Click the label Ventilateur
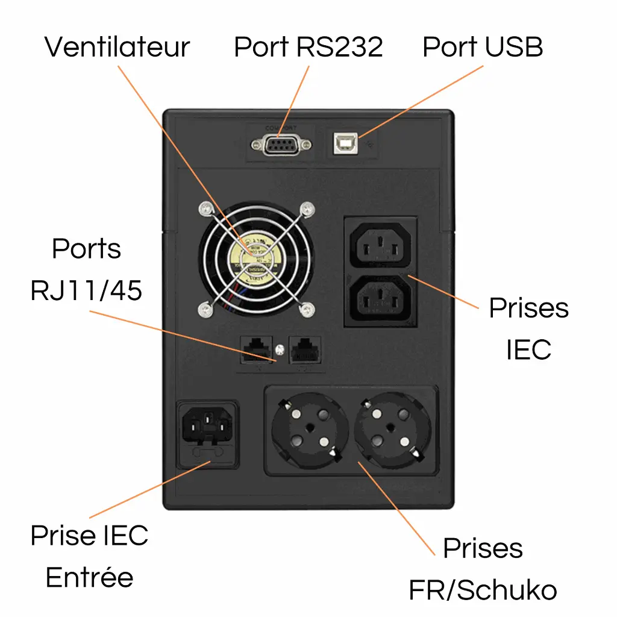point(117,47)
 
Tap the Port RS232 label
point(308,47)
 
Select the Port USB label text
point(483,47)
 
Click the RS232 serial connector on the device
point(281,145)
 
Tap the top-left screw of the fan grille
point(207,208)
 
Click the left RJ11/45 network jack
point(255,349)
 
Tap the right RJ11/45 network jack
point(305,349)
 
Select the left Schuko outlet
point(310,428)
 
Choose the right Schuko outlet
point(393,428)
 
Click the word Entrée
point(89,577)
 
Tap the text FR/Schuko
point(483,590)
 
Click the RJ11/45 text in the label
point(86,290)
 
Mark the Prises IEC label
point(528,328)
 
